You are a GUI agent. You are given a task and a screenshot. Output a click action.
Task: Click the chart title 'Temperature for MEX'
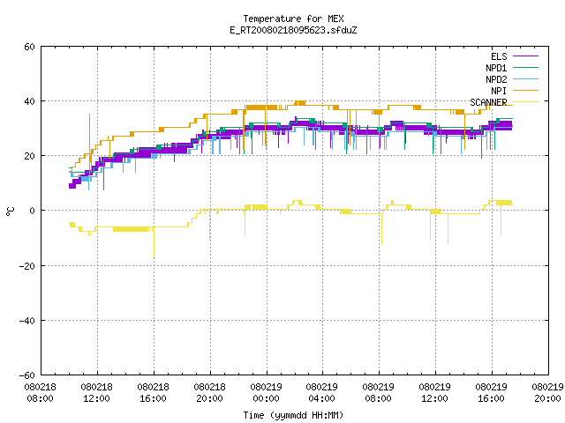point(293,19)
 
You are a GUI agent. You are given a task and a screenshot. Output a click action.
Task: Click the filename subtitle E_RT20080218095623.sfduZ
point(293,30)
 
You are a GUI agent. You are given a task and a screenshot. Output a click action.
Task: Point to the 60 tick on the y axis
point(29,47)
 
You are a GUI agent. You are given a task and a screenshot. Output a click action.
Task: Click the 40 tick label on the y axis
point(29,101)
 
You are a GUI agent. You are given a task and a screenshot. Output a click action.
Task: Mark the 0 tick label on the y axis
point(33,211)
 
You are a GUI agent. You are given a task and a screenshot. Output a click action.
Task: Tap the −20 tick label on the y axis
point(27,266)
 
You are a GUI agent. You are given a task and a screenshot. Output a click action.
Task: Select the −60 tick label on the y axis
point(27,375)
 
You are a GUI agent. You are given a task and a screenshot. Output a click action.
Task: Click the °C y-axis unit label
point(10,211)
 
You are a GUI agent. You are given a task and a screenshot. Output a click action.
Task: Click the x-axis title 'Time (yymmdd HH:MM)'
point(293,415)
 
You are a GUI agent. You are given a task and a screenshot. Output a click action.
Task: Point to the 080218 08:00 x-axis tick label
point(41,393)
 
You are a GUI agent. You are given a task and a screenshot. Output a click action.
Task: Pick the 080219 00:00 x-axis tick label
point(266,393)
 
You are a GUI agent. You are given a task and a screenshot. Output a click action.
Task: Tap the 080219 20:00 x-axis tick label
point(547,393)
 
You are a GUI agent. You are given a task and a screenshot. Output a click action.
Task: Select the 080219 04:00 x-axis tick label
point(321,393)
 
